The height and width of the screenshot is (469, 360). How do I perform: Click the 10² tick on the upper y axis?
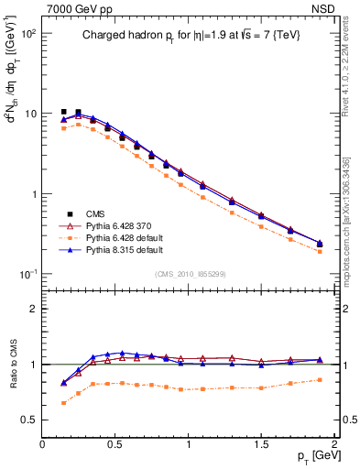click(x=27, y=34)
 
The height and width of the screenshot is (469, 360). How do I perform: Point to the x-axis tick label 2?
click(x=334, y=444)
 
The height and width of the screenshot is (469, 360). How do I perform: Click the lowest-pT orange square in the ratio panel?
click(x=63, y=402)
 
